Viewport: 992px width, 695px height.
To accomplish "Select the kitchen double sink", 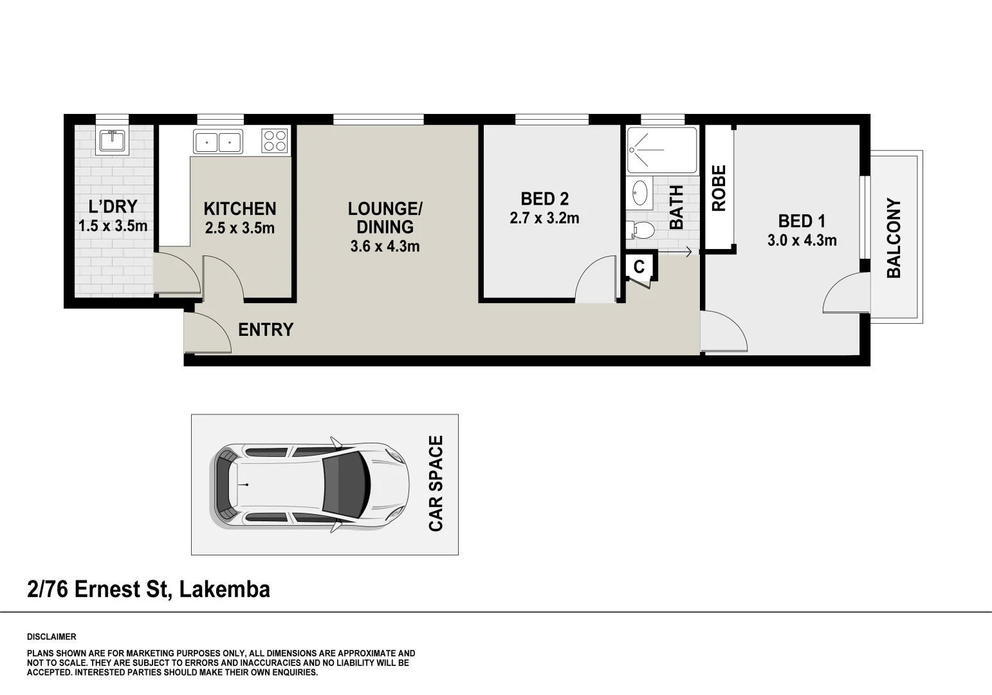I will click(218, 142).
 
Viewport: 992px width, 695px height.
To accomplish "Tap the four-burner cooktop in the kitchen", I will click(275, 141).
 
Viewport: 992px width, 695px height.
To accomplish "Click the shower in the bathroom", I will click(661, 151).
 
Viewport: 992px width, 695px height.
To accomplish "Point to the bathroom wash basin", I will click(639, 192).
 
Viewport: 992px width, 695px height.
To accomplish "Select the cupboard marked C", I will click(639, 267).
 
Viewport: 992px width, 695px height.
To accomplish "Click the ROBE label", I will click(719, 188).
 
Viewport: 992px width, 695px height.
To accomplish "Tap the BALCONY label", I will click(894, 238).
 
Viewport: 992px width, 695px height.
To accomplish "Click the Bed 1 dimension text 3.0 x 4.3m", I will click(802, 241).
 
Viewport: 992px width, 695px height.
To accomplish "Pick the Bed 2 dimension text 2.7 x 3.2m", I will click(544, 218).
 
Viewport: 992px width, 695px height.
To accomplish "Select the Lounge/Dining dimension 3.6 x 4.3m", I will click(385, 246).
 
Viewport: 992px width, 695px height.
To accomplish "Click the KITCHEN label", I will click(240, 208).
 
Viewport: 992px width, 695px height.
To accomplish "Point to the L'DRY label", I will click(113, 207).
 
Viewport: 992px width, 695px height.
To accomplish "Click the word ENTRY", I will click(265, 329).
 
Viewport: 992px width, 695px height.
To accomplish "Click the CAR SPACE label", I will click(436, 484).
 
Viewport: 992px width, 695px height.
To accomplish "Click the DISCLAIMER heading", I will click(51, 637).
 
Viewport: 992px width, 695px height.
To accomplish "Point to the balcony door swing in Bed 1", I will click(844, 293).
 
